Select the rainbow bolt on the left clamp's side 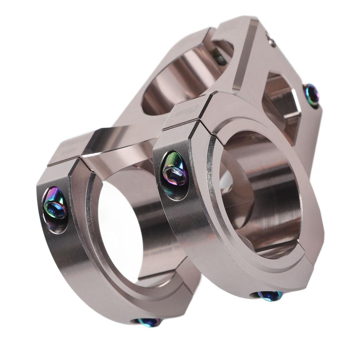click(x=55, y=208)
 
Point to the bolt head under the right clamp click(x=270, y=295)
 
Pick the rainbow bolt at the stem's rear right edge click(x=311, y=95)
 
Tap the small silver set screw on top click(x=271, y=42)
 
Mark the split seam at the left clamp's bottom click(x=158, y=278)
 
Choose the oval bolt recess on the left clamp click(x=55, y=210)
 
